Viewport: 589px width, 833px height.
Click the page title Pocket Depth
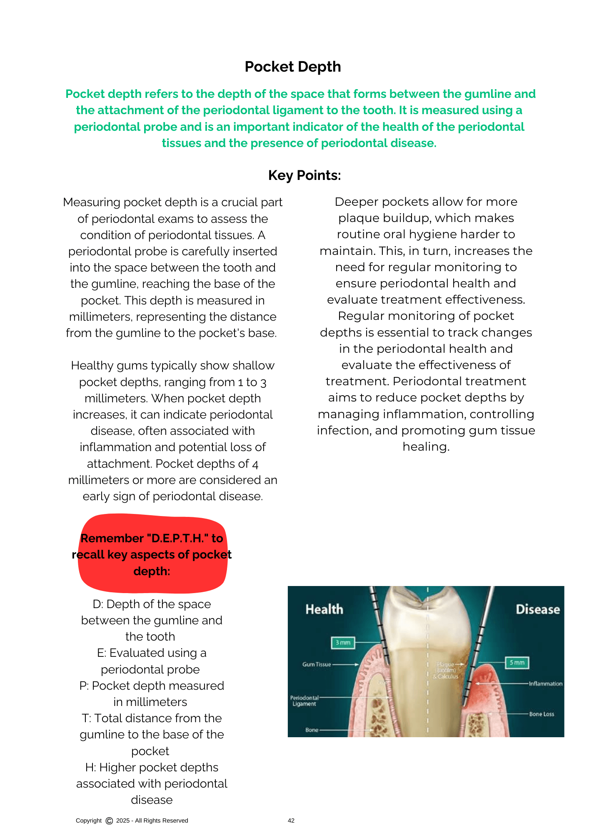pyautogui.click(x=292, y=67)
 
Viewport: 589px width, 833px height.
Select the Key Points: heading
pyautogui.click(x=304, y=175)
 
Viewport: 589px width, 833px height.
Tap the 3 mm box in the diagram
pyautogui.click(x=343, y=643)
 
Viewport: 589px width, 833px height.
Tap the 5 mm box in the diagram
pyautogui.click(x=517, y=663)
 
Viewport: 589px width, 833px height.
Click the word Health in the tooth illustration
pyautogui.click(x=324, y=609)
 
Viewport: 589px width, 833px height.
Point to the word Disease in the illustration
pyautogui.click(x=537, y=610)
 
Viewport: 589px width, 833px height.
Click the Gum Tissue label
pyautogui.click(x=317, y=664)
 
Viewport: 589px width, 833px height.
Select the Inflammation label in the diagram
pyautogui.click(x=545, y=683)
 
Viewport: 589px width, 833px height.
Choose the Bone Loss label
pyautogui.click(x=542, y=714)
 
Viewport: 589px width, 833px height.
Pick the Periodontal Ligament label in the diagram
pyautogui.click(x=304, y=701)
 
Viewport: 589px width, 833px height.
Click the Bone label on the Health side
pyautogui.click(x=312, y=730)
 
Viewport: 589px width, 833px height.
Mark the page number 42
pyautogui.click(x=291, y=821)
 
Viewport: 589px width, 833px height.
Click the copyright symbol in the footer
pyautogui.click(x=109, y=821)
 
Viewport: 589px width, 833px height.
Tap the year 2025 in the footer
pyautogui.click(x=123, y=821)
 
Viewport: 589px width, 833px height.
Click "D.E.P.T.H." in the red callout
pyautogui.click(x=178, y=539)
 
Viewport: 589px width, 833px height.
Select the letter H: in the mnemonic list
pyautogui.click(x=90, y=767)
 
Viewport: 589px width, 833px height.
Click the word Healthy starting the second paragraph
pyautogui.click(x=92, y=366)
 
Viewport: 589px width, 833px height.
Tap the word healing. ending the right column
pyautogui.click(x=426, y=446)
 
